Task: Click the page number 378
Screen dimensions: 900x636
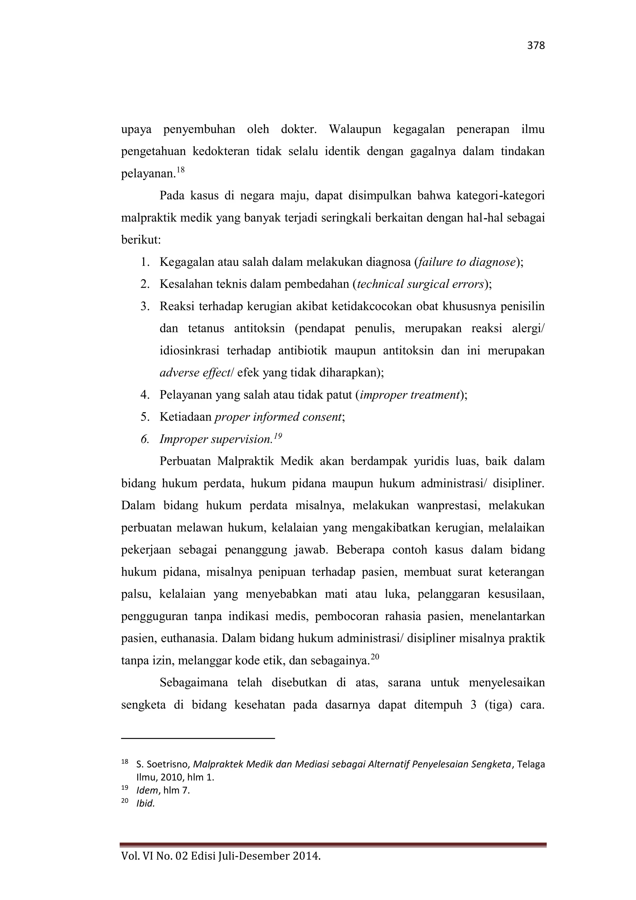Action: coord(536,46)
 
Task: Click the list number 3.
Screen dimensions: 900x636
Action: coord(145,306)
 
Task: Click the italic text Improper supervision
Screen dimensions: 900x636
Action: coord(216,439)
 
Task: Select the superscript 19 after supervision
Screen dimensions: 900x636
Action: coord(278,436)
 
